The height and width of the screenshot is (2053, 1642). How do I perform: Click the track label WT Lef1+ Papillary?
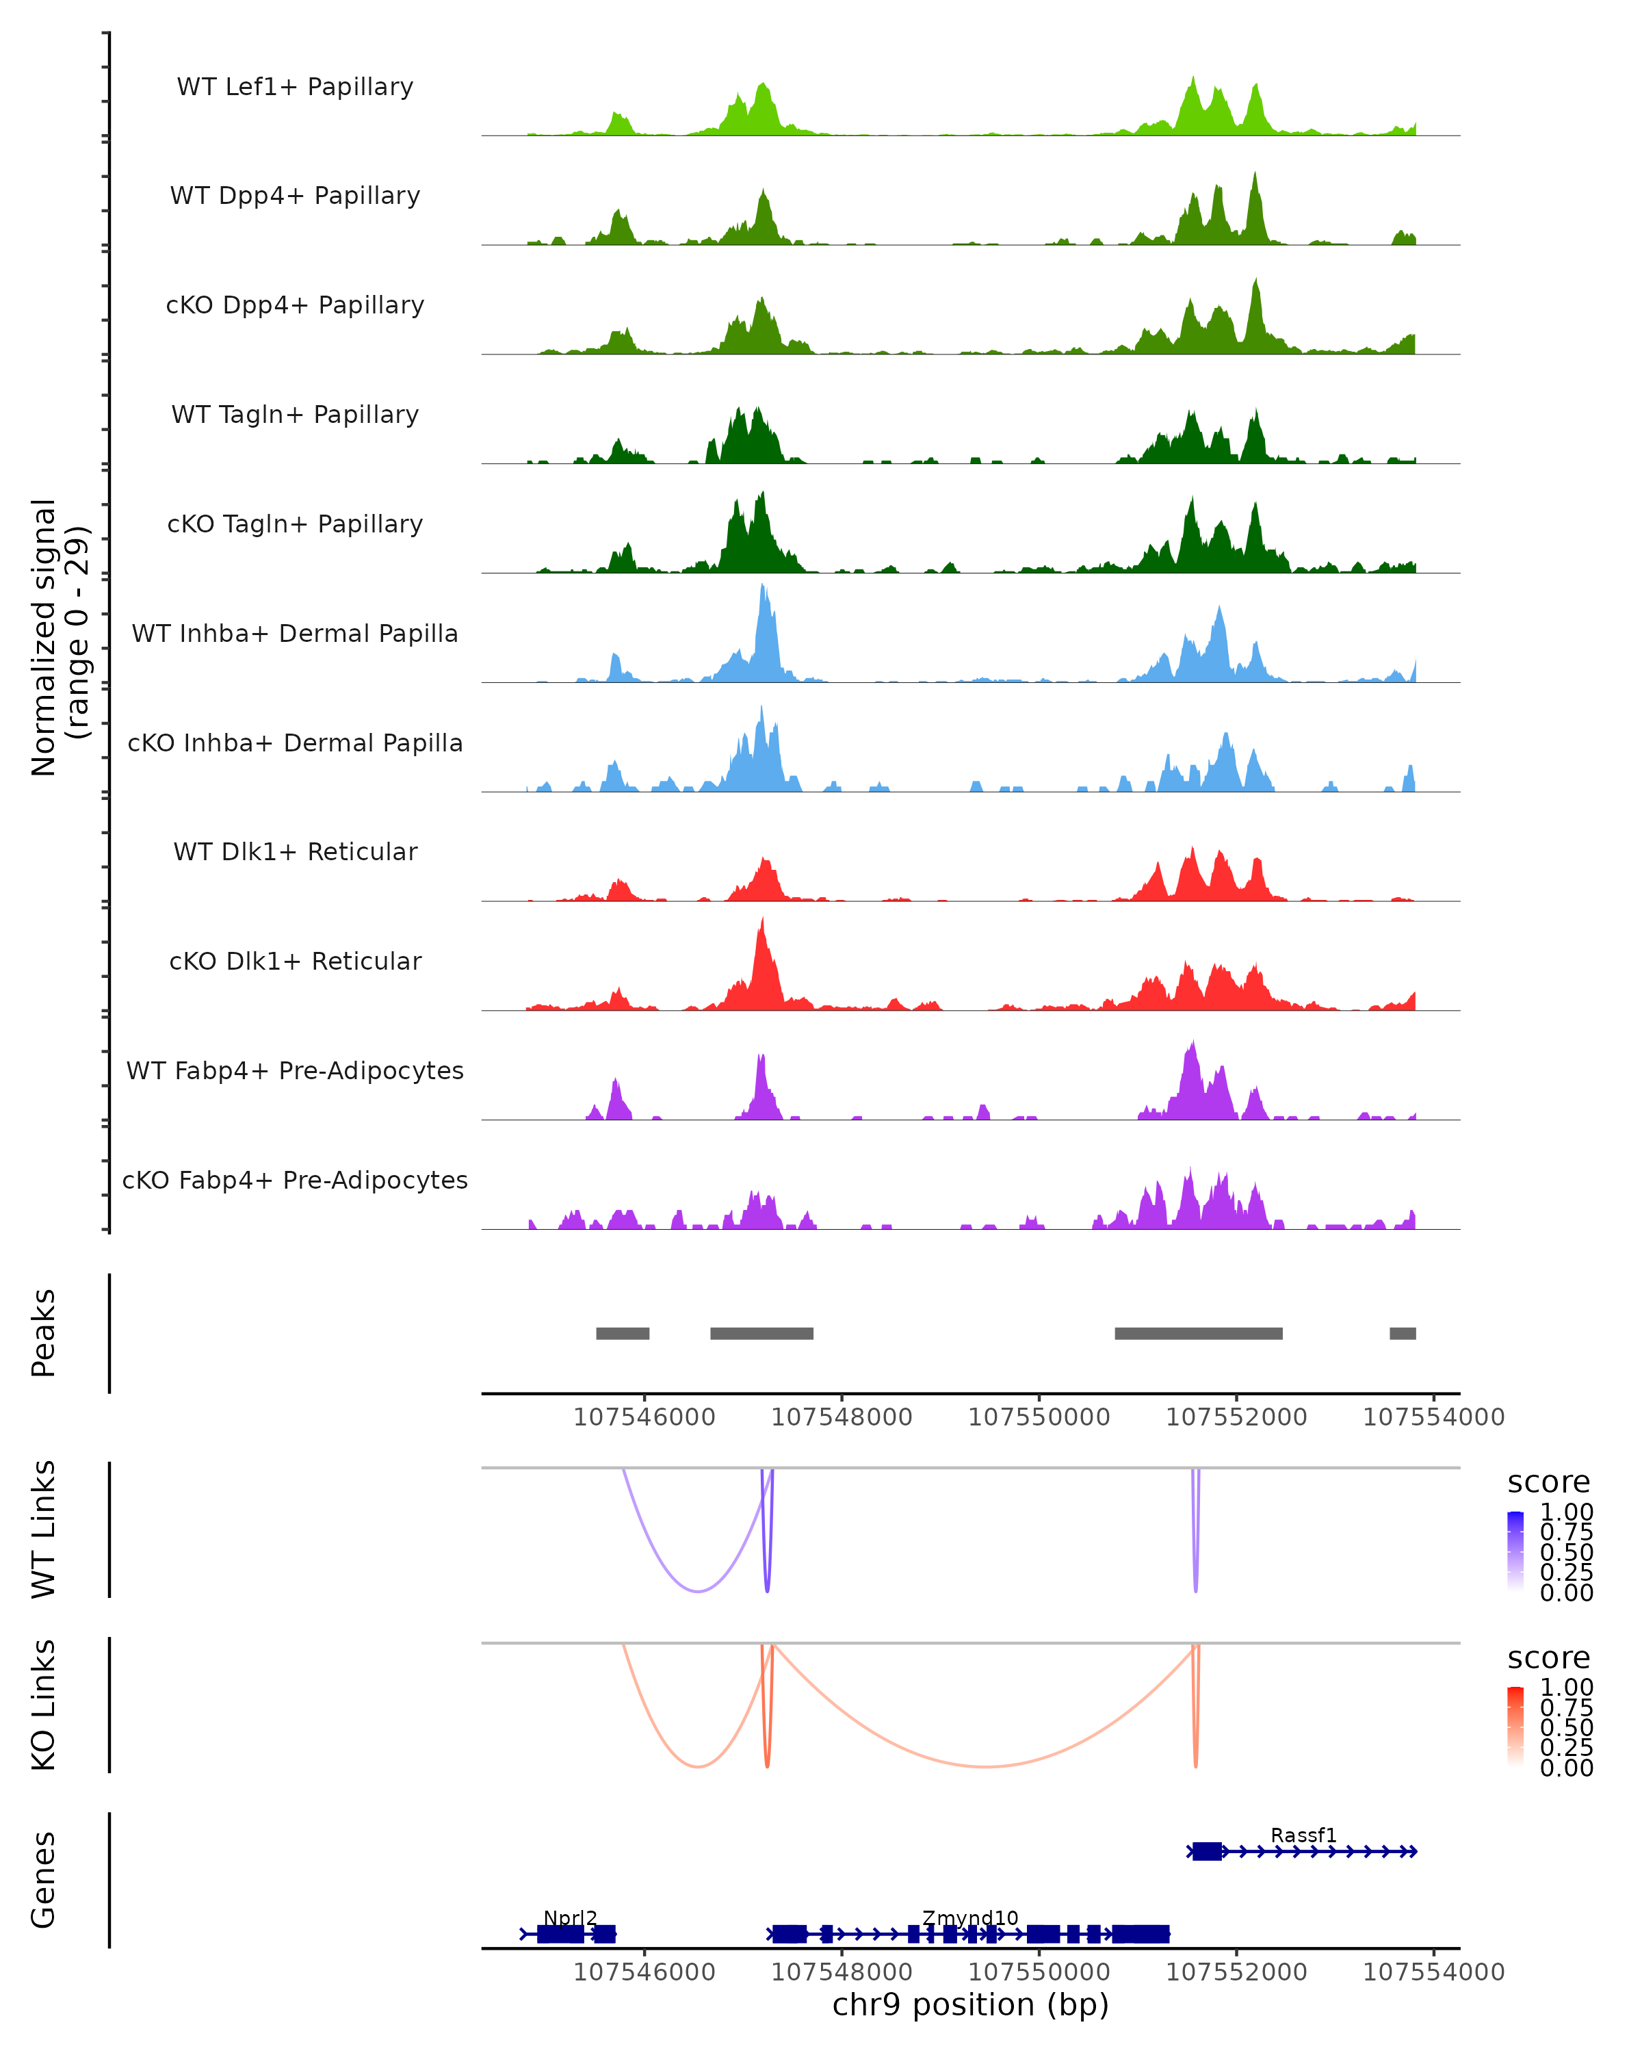click(295, 87)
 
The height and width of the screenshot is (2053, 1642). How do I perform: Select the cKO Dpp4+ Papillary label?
click(295, 305)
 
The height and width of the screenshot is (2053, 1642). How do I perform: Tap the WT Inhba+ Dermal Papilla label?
click(295, 633)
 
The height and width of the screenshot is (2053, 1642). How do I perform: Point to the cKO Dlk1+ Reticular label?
click(295, 961)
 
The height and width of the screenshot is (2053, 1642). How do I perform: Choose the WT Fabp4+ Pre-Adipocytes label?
click(295, 1070)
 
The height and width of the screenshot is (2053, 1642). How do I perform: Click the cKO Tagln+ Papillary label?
click(295, 524)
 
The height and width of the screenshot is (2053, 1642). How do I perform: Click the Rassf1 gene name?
click(1303, 1835)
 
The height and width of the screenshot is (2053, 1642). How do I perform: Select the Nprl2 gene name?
click(570, 1918)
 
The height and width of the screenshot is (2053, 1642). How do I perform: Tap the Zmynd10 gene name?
click(970, 1918)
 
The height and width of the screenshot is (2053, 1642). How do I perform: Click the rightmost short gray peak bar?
click(1402, 1333)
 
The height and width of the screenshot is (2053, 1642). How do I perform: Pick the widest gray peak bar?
click(1199, 1333)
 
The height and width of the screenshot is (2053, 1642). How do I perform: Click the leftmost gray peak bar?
click(623, 1333)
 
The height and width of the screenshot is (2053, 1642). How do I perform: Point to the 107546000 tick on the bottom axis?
click(644, 1971)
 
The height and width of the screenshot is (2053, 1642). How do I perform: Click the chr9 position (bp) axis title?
click(970, 2004)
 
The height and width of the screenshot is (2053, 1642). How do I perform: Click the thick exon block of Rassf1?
click(1207, 1851)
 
